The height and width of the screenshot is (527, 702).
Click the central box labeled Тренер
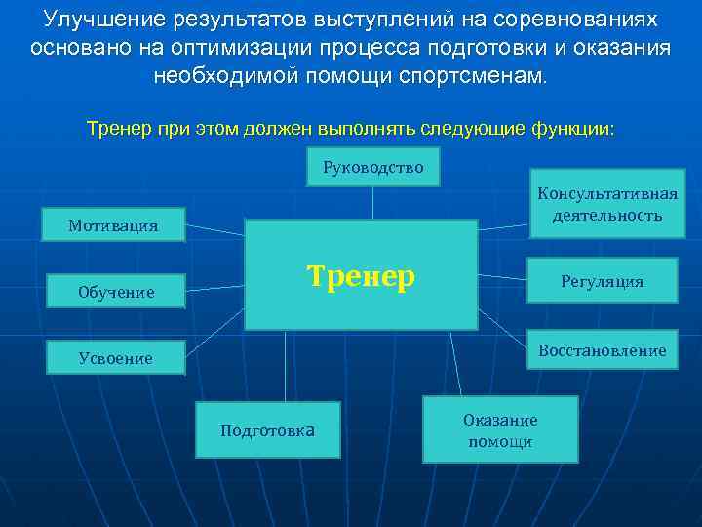coord(361,275)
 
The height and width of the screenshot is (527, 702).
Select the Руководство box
coord(372,167)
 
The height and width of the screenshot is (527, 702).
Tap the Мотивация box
coord(113,225)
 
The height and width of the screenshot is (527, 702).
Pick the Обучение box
coord(116,291)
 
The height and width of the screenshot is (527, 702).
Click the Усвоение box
coord(115,358)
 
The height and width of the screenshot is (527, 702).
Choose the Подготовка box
coord(267,430)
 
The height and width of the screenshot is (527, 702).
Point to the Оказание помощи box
coord(499,429)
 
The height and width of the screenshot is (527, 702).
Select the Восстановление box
coord(602,350)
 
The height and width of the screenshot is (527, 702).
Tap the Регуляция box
coord(602,281)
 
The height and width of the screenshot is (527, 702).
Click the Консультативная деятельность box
coord(606,204)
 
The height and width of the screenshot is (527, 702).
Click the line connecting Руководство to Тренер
coord(372,202)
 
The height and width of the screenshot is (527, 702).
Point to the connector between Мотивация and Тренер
coord(214,230)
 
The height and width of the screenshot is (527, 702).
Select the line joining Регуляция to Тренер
coord(501,277)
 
